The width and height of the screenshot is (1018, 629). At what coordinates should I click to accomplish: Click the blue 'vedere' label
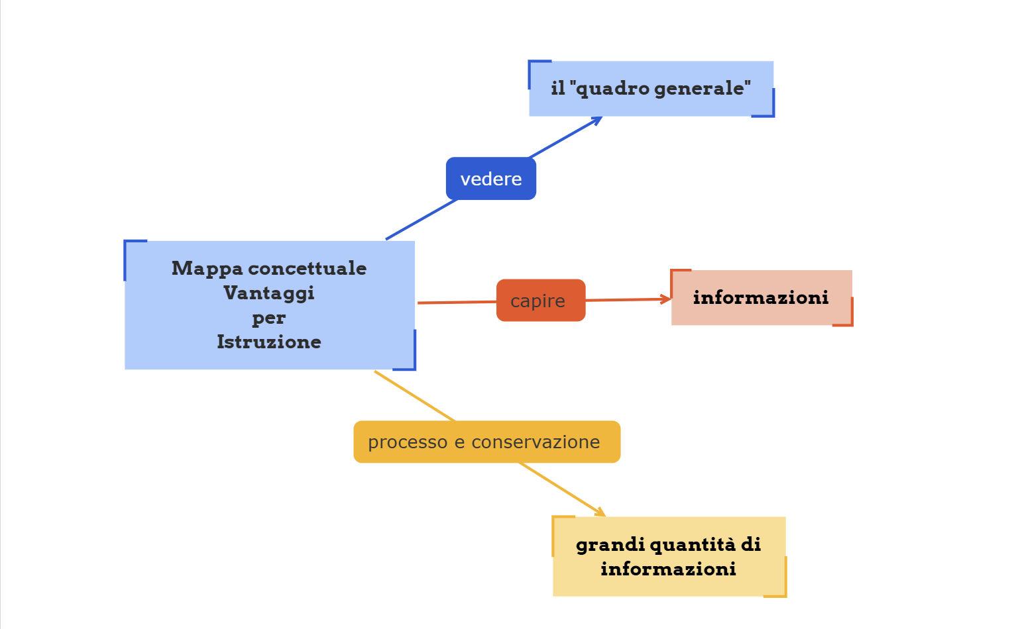[x=490, y=179]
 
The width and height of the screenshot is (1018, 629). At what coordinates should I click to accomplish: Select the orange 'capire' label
[x=540, y=301]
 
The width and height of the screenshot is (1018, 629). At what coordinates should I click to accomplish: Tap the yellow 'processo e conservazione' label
[x=486, y=442]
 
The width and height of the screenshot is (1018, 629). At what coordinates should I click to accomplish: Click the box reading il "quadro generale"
[x=651, y=89]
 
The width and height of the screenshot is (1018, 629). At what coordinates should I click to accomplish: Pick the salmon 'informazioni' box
[x=761, y=298]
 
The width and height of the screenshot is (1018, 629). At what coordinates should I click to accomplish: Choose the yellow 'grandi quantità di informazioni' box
[x=669, y=557]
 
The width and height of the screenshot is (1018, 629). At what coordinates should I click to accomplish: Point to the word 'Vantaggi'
[x=268, y=293]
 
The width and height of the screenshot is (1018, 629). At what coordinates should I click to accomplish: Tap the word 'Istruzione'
[x=268, y=342]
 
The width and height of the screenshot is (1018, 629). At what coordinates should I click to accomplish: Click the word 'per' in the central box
[x=268, y=318]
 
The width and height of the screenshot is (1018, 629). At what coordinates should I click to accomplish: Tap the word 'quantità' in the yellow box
[x=692, y=544]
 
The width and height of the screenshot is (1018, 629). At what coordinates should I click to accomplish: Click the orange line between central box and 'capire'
[x=457, y=303]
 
